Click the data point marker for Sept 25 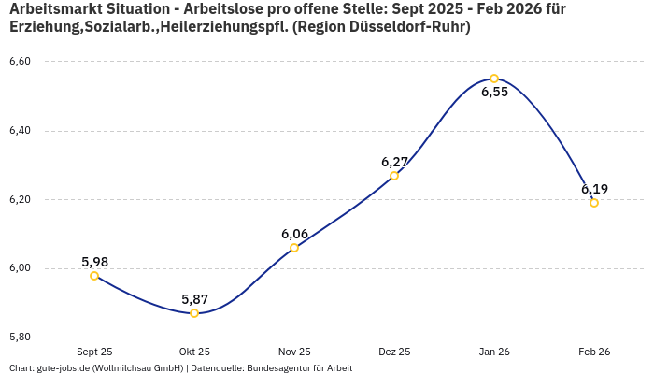click(x=94, y=276)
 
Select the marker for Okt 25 click(x=194, y=313)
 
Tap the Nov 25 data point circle click(x=294, y=248)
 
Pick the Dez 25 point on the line click(x=394, y=176)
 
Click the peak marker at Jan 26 click(x=494, y=79)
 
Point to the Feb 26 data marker click(x=594, y=203)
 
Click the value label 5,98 click(x=94, y=262)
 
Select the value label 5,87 click(x=194, y=299)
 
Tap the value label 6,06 click(x=294, y=234)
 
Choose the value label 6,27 click(x=394, y=162)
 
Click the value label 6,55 click(x=494, y=93)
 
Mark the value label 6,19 click(x=594, y=189)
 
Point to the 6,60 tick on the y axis click(x=20, y=62)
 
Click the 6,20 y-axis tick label click(x=20, y=200)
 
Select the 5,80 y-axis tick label click(x=20, y=338)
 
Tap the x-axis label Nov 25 click(x=294, y=352)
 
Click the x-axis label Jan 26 click(x=494, y=352)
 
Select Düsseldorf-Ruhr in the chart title click(x=411, y=27)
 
